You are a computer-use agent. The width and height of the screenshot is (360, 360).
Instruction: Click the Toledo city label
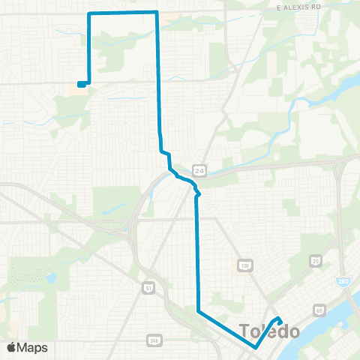269,331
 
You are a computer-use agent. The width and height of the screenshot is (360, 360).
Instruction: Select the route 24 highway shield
198,169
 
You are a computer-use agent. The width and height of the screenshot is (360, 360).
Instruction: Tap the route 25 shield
316,261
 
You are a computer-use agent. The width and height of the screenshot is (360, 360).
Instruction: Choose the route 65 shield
320,309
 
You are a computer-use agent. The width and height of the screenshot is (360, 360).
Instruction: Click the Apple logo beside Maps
13,347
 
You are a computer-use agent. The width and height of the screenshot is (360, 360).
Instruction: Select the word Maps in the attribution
34,347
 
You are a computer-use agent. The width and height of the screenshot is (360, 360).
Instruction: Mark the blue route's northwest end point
79,84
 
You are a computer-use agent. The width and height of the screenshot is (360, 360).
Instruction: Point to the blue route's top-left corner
90,13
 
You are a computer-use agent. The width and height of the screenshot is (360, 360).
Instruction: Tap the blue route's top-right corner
156,12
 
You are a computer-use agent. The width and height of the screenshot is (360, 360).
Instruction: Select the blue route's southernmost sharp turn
256,347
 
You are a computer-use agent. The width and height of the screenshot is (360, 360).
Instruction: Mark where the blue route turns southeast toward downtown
198,310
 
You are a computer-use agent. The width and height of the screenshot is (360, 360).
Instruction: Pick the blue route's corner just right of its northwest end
89,82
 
